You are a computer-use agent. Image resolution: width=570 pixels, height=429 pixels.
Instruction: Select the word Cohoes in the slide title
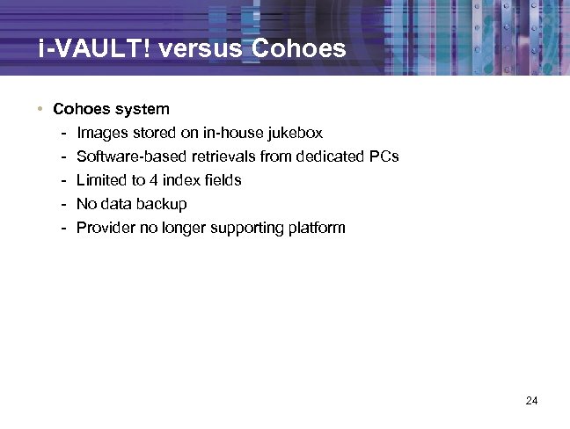[298, 49]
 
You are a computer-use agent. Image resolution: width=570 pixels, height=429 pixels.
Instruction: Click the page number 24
[531, 401]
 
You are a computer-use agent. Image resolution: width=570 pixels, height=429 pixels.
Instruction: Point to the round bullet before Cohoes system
[40, 110]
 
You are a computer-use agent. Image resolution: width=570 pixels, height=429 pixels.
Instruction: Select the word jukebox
[293, 134]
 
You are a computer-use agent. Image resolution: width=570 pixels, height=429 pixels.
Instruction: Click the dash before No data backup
[65, 205]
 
